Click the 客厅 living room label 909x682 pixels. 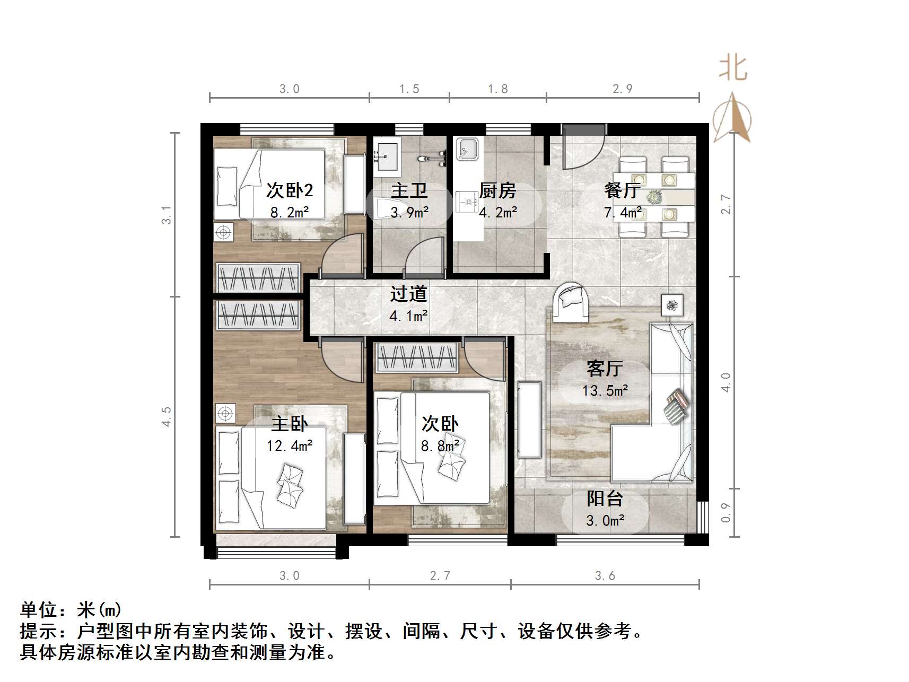point(605,368)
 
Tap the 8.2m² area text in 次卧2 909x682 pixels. point(290,213)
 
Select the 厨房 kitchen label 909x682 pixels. point(497,190)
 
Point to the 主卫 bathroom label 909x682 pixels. point(409,190)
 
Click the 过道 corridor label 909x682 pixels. point(408,294)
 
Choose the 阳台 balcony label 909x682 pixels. point(605,499)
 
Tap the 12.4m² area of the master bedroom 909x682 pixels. point(290,445)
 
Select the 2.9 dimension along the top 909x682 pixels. point(623,89)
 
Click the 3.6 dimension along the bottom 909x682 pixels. point(605,576)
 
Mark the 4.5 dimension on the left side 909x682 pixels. point(167,417)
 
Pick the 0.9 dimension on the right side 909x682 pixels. point(726,512)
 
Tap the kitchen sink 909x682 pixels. point(467,149)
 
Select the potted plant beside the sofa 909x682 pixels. point(672,305)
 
